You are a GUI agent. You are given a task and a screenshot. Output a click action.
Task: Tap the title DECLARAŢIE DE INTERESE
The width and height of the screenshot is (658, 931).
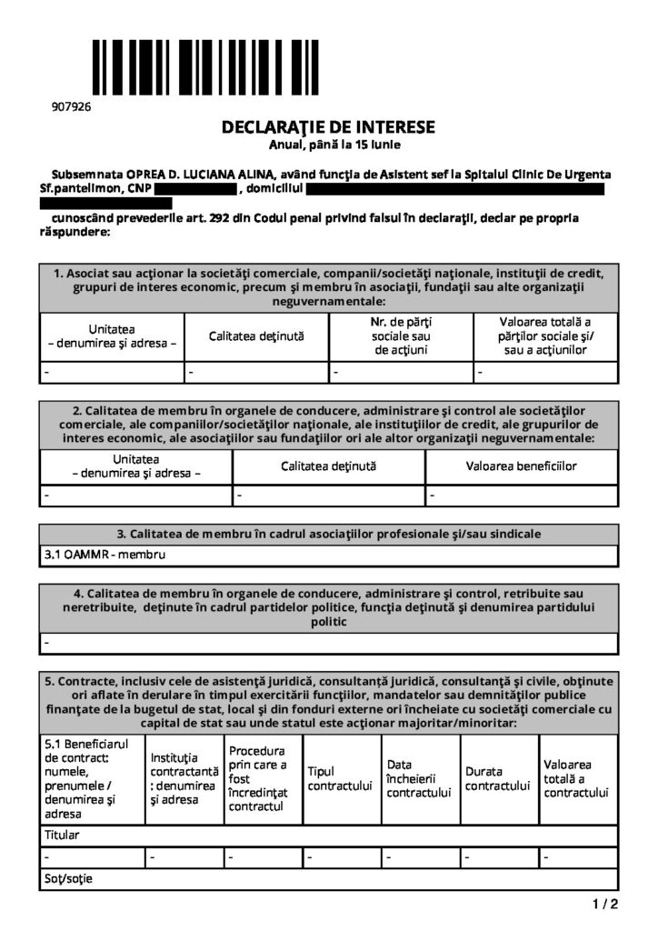328,127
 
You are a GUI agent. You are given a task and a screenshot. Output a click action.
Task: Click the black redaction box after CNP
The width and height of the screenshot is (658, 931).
194,189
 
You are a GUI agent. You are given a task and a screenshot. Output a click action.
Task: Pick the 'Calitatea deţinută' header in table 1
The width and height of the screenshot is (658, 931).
256,336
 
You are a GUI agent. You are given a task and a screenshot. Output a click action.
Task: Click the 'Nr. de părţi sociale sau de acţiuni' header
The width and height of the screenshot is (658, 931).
401,336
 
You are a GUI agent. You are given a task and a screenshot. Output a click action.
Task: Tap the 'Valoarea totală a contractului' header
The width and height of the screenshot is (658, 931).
575,778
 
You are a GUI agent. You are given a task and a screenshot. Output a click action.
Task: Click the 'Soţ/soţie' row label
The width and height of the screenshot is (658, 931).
68,879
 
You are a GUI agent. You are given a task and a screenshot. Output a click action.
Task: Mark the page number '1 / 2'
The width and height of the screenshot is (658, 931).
604,904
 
